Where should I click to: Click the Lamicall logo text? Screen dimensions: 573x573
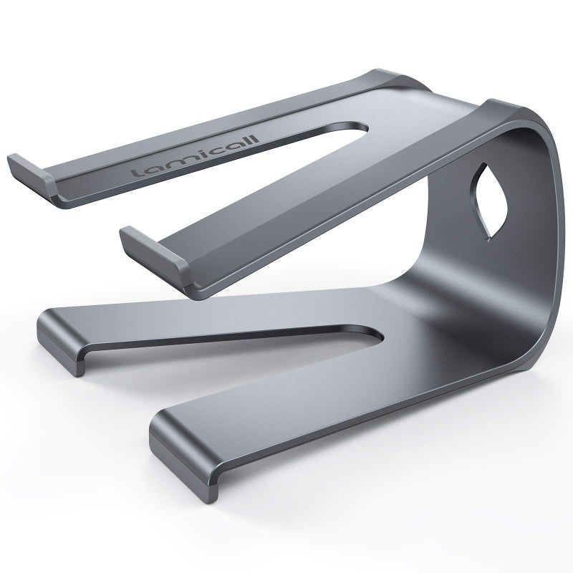point(195,156)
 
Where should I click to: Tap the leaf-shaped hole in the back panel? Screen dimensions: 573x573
point(490,202)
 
